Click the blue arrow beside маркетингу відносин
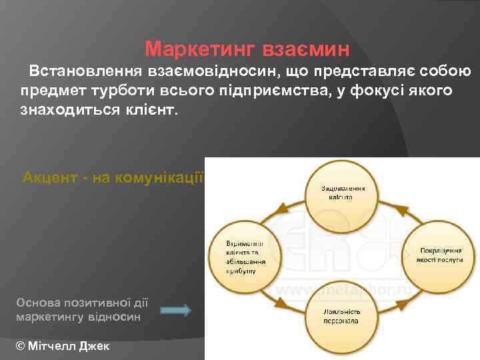(x=176, y=310)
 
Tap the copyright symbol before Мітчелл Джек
(x=19, y=346)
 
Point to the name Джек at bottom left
(x=93, y=346)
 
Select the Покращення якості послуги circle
(x=440, y=254)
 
